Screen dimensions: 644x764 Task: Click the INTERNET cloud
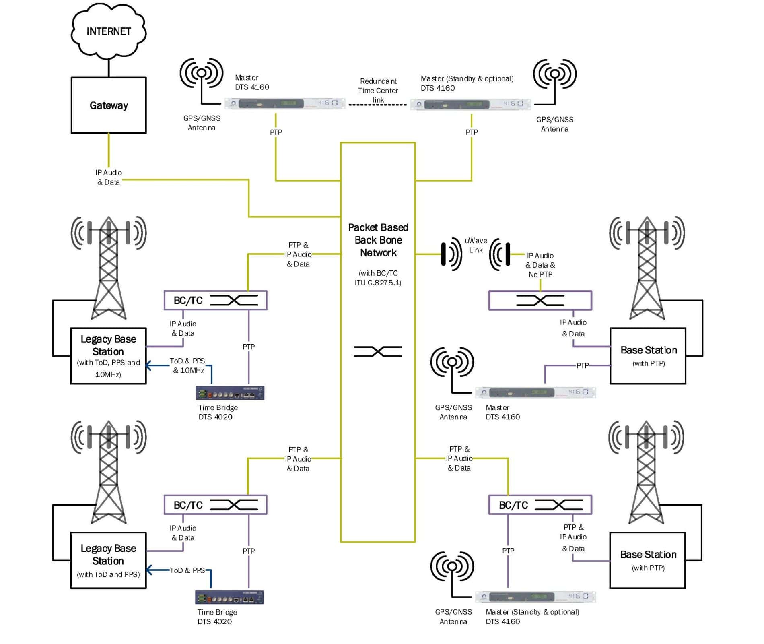pos(109,31)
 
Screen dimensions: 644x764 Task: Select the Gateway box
pos(109,105)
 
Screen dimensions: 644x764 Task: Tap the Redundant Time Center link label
pos(378,91)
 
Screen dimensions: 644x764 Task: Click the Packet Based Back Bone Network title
pos(378,240)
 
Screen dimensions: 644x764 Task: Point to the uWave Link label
pos(476,245)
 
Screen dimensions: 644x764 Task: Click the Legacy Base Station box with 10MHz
pos(108,356)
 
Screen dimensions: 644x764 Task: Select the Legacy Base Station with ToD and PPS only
pos(108,560)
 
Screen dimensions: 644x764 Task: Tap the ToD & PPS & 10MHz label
pos(187,365)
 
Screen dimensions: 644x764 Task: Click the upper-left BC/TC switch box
pos(215,300)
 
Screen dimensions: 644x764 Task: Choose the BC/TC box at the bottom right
pos(540,505)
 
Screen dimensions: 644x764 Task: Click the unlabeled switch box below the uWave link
pos(540,300)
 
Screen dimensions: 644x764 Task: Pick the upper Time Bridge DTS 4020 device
pos(230,393)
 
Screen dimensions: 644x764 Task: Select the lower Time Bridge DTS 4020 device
pos(229,597)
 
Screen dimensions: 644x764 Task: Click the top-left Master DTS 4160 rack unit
pos(285,103)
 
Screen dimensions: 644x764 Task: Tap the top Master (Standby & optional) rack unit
pos(470,104)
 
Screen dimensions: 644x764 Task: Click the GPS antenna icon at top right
pos(554,74)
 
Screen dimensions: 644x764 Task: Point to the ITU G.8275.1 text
pos(378,283)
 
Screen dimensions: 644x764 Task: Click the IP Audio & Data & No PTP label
pos(540,265)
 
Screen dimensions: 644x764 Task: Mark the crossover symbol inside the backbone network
pos(378,351)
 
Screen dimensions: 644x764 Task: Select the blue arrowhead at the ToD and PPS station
pos(148,570)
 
